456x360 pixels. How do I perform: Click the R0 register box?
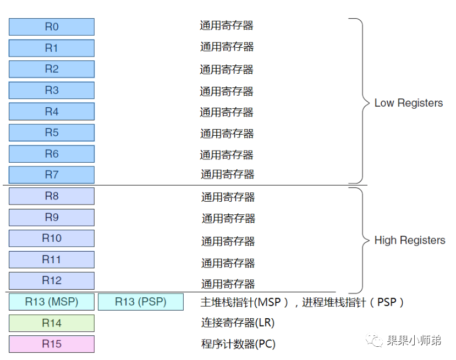point(51,27)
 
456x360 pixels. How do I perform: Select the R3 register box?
point(51,90)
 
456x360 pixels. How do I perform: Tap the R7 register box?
point(51,175)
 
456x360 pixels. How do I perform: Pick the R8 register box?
point(51,196)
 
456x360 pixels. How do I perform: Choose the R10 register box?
point(51,238)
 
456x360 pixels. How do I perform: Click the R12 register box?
point(51,280)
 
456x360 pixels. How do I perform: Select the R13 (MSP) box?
point(51,302)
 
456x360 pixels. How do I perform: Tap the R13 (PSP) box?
point(140,302)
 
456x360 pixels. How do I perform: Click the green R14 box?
point(51,323)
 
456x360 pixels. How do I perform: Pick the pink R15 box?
point(51,344)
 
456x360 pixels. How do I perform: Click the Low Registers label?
point(408,103)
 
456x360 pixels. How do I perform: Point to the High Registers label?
point(409,240)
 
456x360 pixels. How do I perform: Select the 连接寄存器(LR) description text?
point(238,323)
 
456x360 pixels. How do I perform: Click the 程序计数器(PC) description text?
point(238,344)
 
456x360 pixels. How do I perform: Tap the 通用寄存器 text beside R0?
point(227,25)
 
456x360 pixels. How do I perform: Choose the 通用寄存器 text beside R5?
point(227,134)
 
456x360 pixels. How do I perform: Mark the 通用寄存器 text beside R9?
point(228,219)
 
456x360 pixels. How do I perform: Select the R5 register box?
point(51,132)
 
